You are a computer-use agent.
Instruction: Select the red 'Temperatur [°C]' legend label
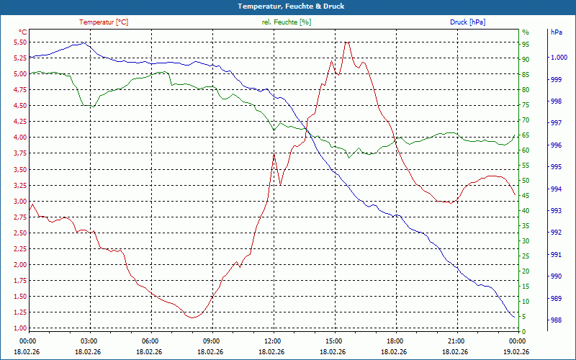coord(104,22)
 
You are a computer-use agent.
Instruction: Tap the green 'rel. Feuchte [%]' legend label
coord(286,22)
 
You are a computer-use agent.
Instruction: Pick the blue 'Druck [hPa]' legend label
coord(467,22)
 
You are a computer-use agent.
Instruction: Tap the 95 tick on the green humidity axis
coord(526,45)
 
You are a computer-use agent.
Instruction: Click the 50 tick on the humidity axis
coord(526,181)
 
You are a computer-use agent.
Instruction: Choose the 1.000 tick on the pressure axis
coord(559,58)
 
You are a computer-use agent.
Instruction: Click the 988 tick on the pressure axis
coord(556,320)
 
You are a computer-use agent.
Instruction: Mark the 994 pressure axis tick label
coord(556,189)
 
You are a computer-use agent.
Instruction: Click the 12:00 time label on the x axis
coord(273,341)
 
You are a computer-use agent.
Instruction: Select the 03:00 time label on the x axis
coord(89,341)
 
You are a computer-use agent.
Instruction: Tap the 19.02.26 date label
coord(517,351)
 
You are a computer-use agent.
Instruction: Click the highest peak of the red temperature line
coord(347,42)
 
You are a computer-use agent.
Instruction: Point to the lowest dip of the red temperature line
coord(192,318)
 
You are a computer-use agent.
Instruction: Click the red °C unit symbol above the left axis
coord(23,32)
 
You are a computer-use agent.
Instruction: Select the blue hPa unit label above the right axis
coord(556,32)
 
